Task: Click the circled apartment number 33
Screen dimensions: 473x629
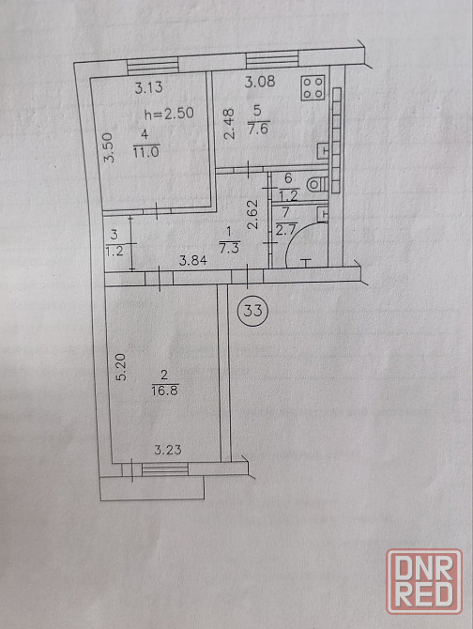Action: click(252, 310)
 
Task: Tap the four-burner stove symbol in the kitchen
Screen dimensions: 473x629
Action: click(313, 88)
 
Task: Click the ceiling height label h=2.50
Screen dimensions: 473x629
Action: click(169, 114)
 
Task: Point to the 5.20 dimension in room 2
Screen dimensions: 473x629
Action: click(121, 367)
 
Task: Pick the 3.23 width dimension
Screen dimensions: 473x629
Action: click(168, 450)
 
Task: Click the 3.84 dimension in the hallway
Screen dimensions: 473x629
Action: click(192, 261)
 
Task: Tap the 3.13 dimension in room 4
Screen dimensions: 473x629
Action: click(148, 87)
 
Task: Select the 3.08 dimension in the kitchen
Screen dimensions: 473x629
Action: click(260, 82)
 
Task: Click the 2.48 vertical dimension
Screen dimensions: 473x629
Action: click(229, 124)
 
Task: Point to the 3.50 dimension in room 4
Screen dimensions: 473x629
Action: click(109, 147)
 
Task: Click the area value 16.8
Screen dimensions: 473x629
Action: click(165, 390)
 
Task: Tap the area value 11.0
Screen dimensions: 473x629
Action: click(146, 152)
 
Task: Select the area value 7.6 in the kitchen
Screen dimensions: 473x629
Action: click(258, 130)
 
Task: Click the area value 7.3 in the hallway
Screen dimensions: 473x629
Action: click(229, 248)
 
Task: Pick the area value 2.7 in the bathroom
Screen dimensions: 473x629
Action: click(286, 230)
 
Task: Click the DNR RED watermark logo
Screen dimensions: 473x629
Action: click(424, 581)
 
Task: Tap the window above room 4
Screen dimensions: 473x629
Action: click(153, 66)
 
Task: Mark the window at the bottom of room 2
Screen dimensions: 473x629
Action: click(165, 469)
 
